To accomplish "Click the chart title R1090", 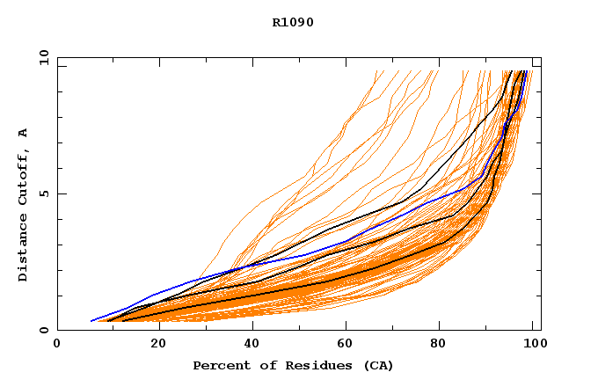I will pos(293,22).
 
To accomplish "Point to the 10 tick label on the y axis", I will pos(43,58).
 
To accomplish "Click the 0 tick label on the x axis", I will pos(57,344).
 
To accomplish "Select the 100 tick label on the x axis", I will pos(533,344).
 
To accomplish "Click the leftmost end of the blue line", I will pos(91,321).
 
